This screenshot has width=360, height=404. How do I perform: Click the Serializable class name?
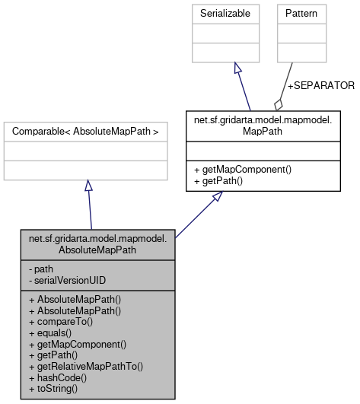click(235, 14)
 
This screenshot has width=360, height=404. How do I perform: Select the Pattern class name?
click(301, 14)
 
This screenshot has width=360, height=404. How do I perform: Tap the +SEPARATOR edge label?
click(320, 85)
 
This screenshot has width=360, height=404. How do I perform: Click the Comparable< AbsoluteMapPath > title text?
click(85, 132)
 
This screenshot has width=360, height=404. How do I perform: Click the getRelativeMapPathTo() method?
click(85, 366)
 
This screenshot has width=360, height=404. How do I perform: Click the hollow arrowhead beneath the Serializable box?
click(237, 68)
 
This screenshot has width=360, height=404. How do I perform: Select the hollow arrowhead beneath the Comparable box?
click(88, 186)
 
